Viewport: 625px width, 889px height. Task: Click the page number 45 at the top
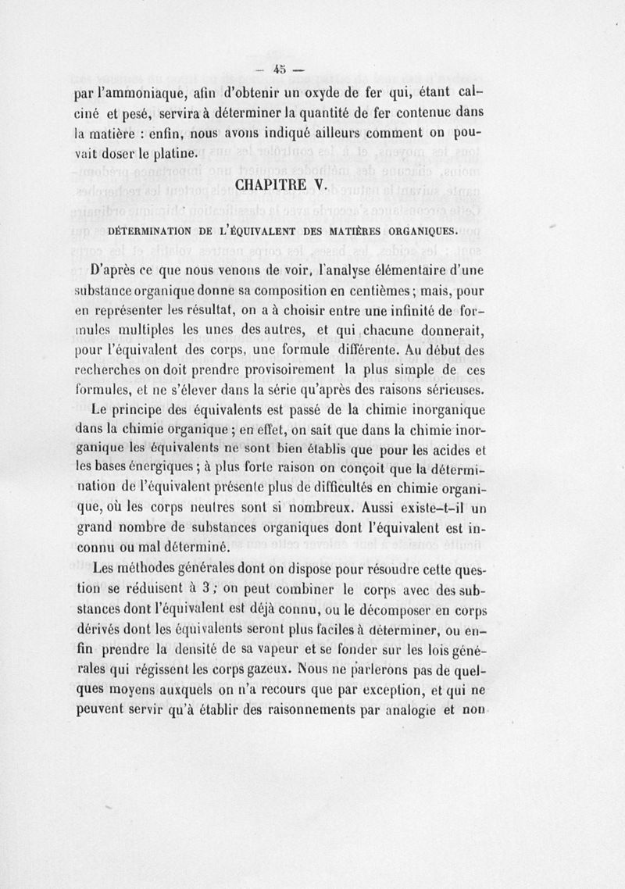[x=280, y=68]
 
